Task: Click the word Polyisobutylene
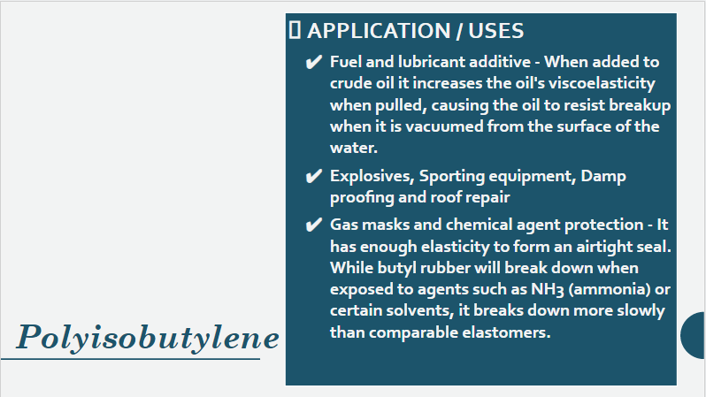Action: [148, 338]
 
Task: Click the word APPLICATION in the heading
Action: [379, 31]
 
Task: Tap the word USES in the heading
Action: [495, 31]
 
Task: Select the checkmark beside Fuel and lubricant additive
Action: [314, 62]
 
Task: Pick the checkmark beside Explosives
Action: [314, 176]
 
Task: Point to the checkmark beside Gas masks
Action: [314, 225]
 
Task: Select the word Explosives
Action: [372, 177]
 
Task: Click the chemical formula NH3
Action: [548, 289]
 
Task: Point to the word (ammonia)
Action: [610, 289]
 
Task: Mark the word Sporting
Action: [451, 177]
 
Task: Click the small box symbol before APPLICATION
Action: [295, 31]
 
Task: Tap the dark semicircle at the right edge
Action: [694, 335]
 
